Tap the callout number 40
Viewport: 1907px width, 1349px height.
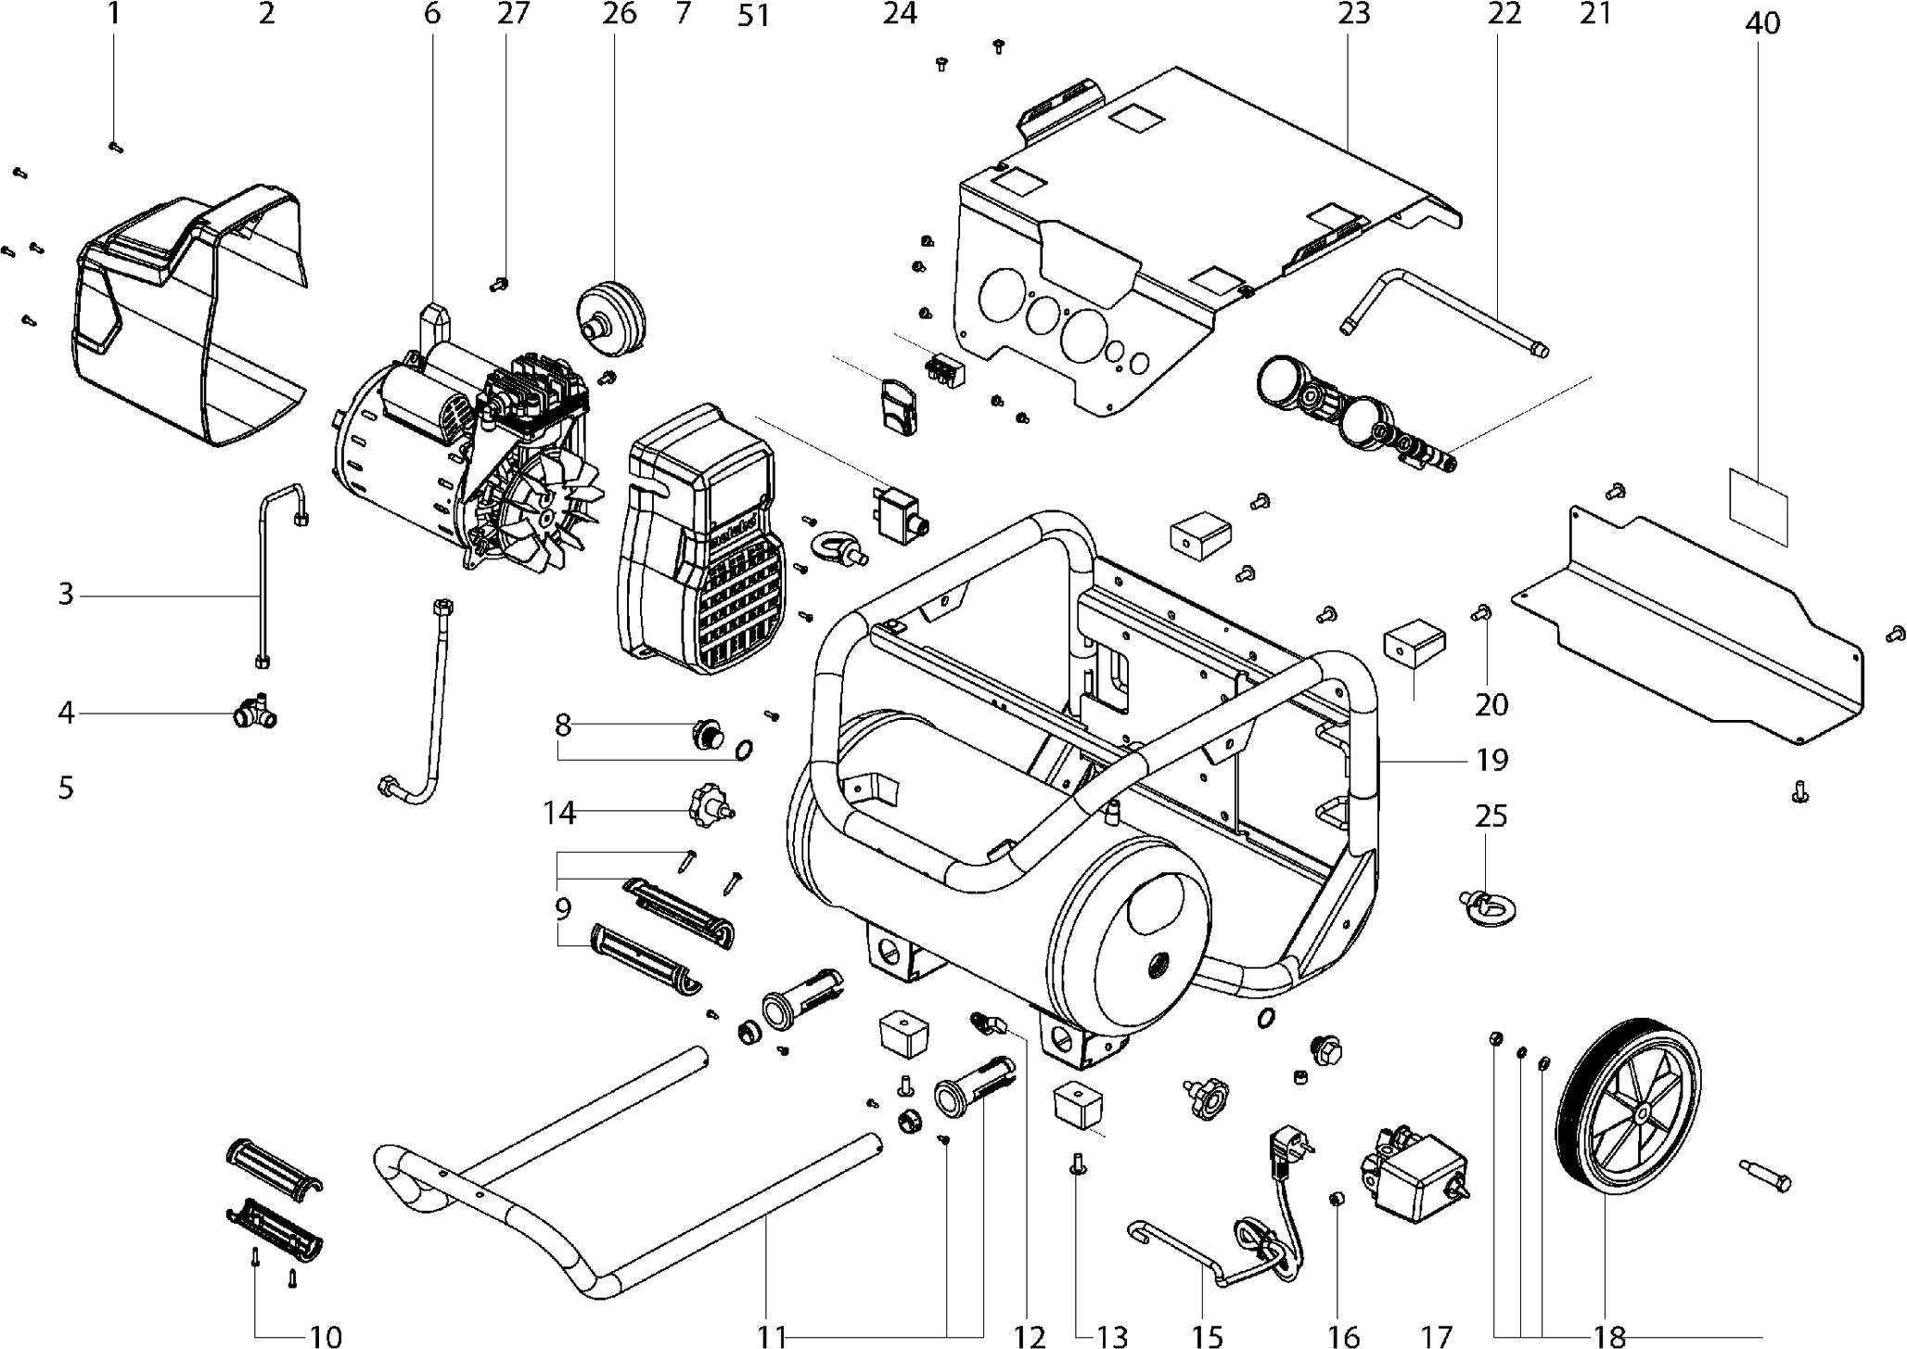[x=1762, y=23]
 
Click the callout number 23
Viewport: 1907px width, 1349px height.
[x=1353, y=14]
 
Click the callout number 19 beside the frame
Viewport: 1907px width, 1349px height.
[x=1491, y=760]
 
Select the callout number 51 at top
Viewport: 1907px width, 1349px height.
[x=754, y=16]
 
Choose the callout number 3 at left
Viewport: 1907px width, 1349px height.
[x=65, y=593]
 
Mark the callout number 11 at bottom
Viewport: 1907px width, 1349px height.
[x=771, y=1336]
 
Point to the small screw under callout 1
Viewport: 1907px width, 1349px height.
[x=116, y=147]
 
